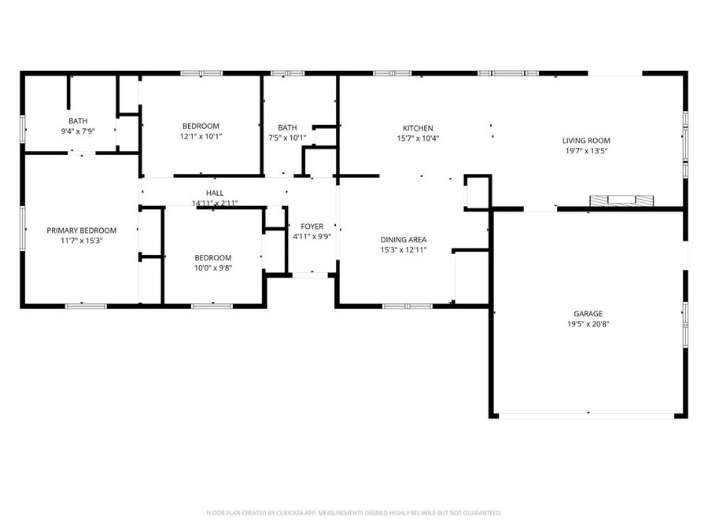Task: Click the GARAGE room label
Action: coord(588,313)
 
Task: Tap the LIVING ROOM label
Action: coord(586,141)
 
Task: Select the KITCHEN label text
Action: coord(418,128)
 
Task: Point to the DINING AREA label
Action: coord(404,240)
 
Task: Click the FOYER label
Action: coord(312,227)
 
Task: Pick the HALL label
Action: coord(215,193)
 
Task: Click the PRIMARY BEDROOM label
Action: coord(82,230)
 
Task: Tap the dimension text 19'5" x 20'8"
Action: coord(588,324)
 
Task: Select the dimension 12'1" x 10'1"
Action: coord(201,136)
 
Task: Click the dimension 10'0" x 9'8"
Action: coord(213,267)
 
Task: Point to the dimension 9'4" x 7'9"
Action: coord(78,131)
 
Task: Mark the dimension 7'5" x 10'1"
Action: coord(287,138)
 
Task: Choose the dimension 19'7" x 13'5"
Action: coord(586,151)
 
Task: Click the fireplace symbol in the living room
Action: coord(621,201)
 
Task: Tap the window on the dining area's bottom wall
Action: coord(407,306)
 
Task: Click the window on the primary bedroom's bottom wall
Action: coord(86,306)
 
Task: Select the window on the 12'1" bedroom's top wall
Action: coord(202,73)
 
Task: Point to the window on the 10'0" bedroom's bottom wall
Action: coord(212,306)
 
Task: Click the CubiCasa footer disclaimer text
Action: coord(353,513)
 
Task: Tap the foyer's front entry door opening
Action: coord(310,275)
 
